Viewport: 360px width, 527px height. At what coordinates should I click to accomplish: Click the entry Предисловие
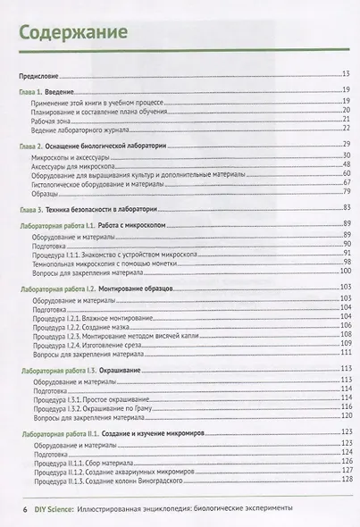pos(41,73)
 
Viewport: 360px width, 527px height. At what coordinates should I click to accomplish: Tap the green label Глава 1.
pos(33,93)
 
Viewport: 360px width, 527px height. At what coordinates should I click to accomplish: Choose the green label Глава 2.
pos(33,144)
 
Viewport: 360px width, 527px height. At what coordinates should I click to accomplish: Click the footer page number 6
pos(12,506)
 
